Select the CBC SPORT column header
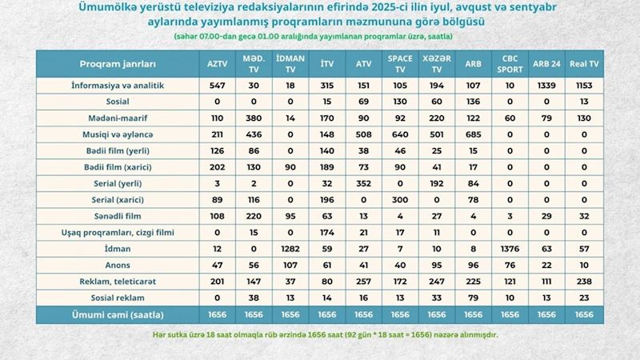click(510, 64)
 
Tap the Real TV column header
click(585, 64)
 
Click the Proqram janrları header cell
click(118, 64)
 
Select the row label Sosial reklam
click(118, 295)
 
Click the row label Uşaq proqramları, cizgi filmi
click(118, 232)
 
